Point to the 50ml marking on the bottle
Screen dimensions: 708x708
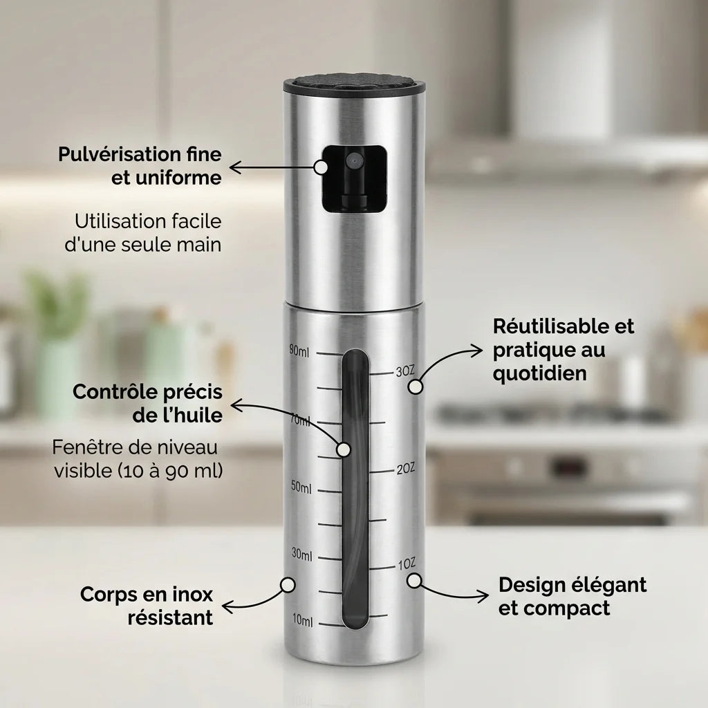click(301, 488)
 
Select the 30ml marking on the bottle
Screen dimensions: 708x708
click(301, 555)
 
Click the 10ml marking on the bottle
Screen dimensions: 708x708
click(302, 621)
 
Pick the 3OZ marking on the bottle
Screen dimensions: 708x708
click(404, 372)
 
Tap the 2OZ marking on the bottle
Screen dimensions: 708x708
click(405, 469)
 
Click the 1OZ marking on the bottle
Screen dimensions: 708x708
click(406, 566)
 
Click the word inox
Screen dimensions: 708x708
click(188, 594)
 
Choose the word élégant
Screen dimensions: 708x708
click(608, 585)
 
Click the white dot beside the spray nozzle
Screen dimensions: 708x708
click(321, 167)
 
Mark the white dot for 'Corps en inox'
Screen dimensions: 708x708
click(287, 585)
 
